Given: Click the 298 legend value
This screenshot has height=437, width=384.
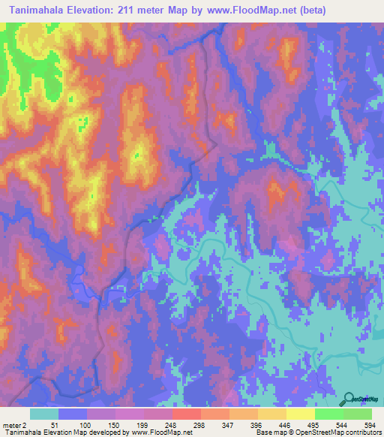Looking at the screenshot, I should (x=201, y=424).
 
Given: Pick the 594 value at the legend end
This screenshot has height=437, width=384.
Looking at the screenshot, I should (x=370, y=424).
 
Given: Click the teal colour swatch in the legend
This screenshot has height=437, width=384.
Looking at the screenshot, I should (x=44, y=414).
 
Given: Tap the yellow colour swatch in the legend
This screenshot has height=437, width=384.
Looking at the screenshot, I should (x=301, y=414).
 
